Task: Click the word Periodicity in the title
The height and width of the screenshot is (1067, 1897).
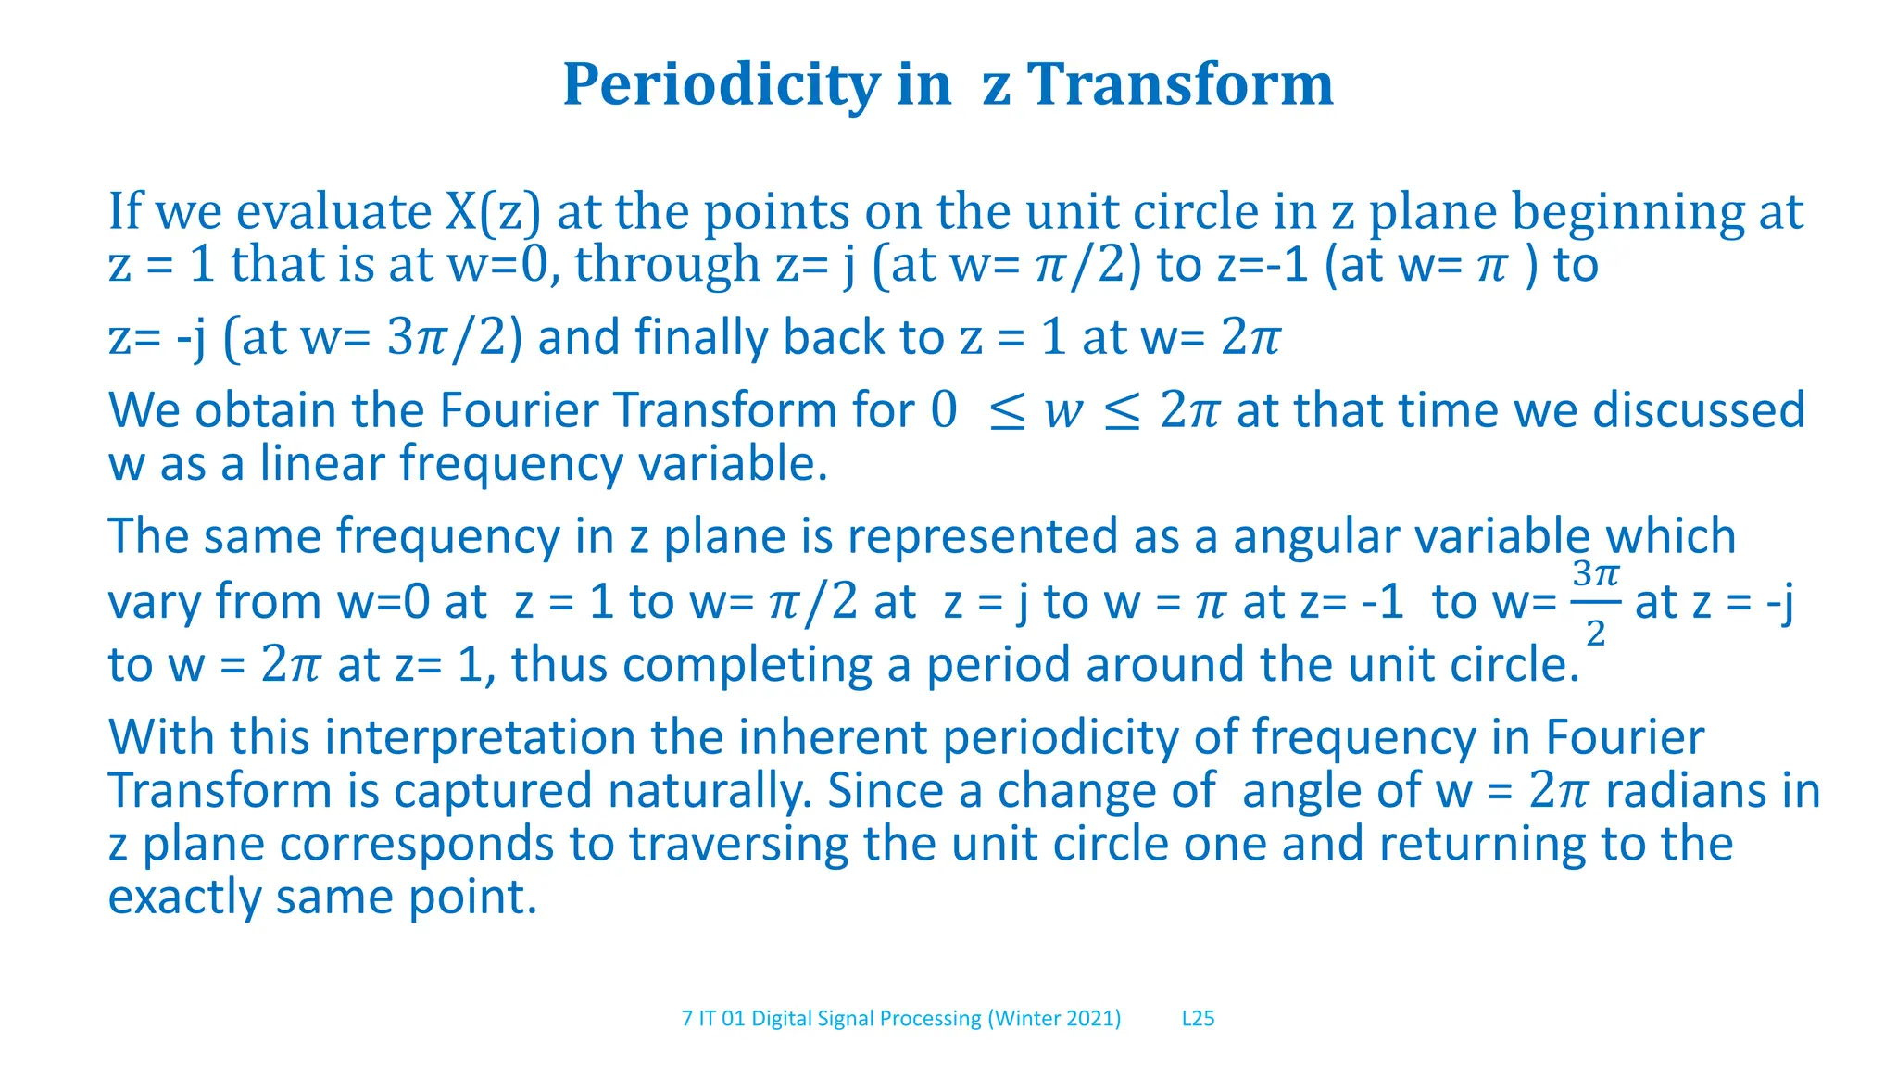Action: point(720,85)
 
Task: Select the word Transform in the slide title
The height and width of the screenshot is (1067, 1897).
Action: point(1180,85)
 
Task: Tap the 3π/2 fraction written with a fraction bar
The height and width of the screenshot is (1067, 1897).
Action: point(1595,602)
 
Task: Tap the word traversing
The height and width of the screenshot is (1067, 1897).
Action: point(738,845)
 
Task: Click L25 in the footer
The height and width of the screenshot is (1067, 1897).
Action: point(1198,1019)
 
